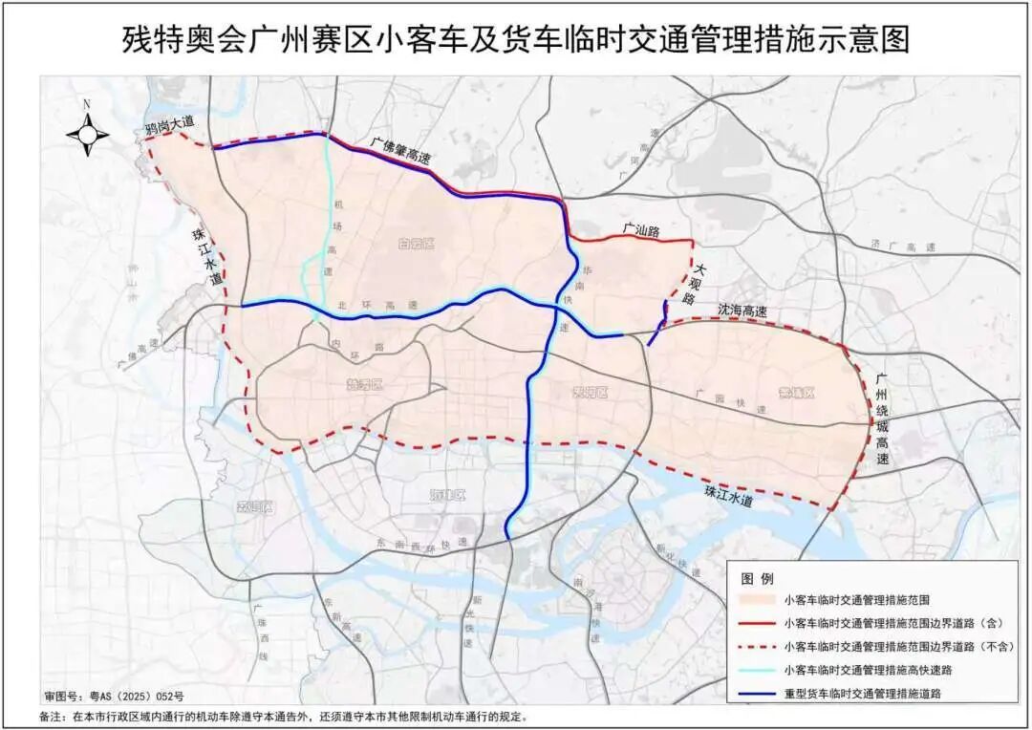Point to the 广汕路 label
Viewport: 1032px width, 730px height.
click(642, 229)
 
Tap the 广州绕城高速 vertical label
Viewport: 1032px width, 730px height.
click(882, 415)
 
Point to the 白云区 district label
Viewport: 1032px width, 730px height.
click(416, 245)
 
